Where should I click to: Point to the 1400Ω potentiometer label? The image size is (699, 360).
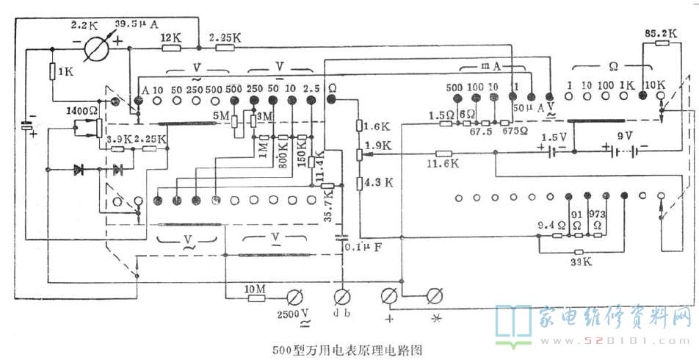pos(79,109)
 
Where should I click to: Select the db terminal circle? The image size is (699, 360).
pos(341,297)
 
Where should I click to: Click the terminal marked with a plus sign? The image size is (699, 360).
pos(389,297)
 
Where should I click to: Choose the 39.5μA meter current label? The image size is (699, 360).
pos(137,24)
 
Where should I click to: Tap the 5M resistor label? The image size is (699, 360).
pos(220,115)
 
